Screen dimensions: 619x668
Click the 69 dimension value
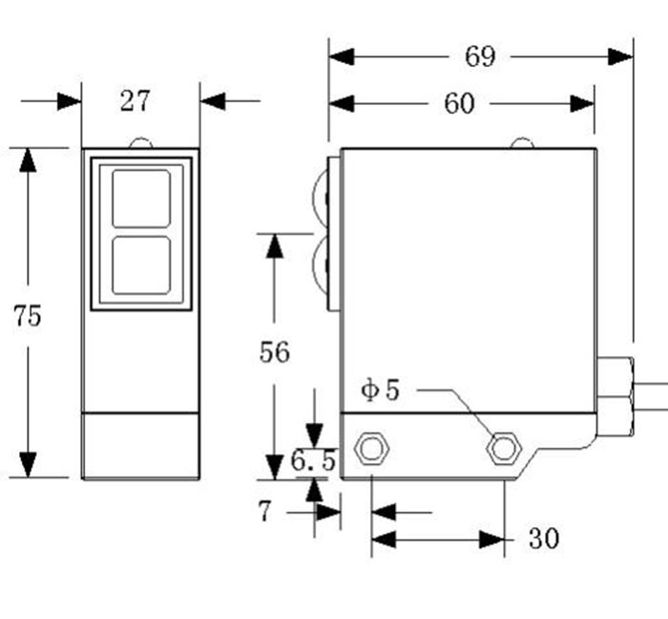click(x=480, y=56)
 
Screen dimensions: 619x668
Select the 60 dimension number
click(x=459, y=103)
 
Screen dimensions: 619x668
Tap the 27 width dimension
click(x=135, y=100)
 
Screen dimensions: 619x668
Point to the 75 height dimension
click(x=28, y=316)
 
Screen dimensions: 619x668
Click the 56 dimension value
click(x=275, y=352)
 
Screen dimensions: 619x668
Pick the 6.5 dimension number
click(x=314, y=462)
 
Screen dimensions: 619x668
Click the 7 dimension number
click(x=264, y=512)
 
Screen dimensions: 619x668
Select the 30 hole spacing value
click(x=543, y=540)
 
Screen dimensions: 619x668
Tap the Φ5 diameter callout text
click(x=381, y=390)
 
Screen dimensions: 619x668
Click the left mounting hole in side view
click(x=370, y=448)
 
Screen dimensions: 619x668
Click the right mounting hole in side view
click(x=502, y=446)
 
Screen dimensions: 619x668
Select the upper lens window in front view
click(x=141, y=199)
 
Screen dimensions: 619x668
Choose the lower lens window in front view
click(x=141, y=266)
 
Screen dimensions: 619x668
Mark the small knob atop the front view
click(x=141, y=143)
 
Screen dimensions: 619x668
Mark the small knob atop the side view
click(x=522, y=143)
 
